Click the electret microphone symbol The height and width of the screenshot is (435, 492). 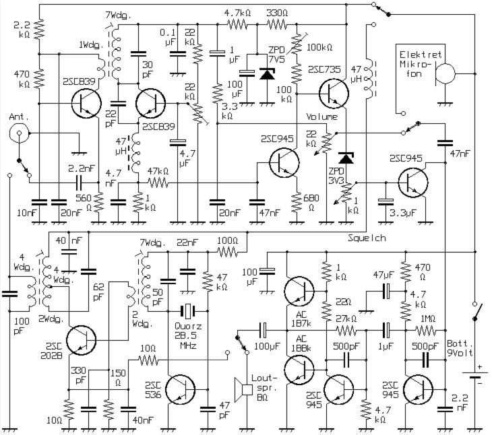pos(445,73)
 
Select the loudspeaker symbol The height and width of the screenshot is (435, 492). pos(241,389)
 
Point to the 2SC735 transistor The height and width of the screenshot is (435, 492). pos(332,92)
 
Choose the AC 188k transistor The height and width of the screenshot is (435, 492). pos(299,368)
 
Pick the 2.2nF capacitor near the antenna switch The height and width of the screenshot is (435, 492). pos(79,182)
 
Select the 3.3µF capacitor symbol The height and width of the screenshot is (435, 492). pos(385,201)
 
